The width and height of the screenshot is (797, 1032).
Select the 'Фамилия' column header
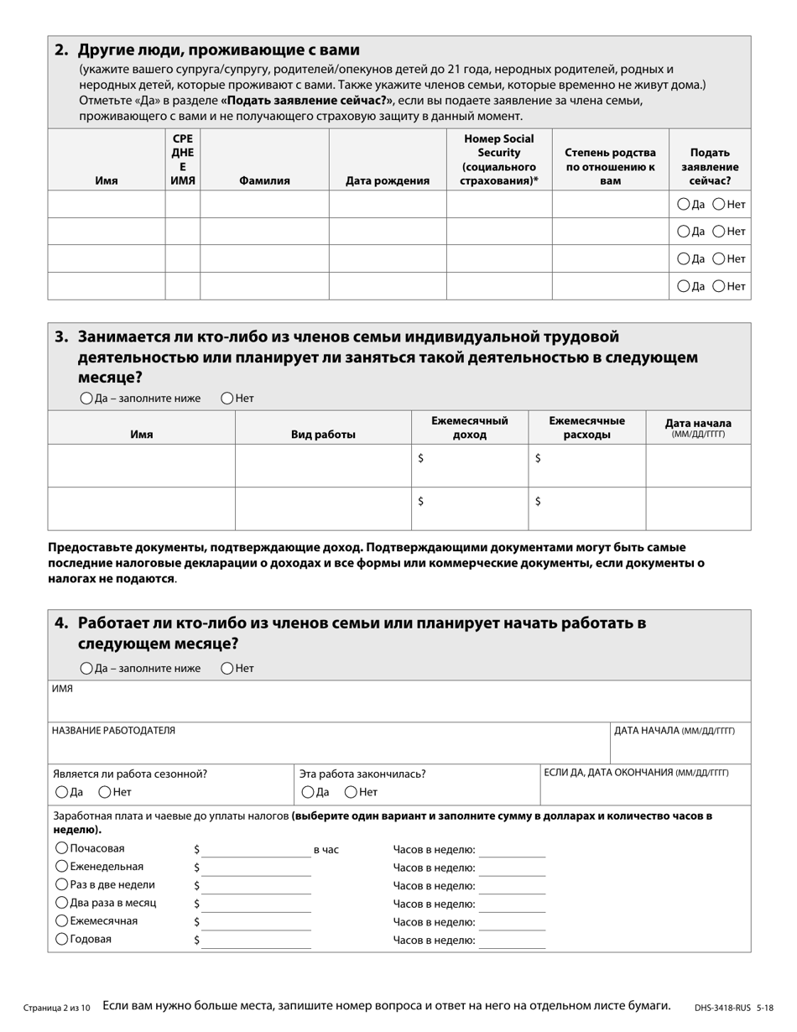pos(264,180)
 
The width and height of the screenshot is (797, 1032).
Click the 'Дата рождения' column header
pos(388,180)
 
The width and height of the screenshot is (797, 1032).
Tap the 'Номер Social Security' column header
pos(499,159)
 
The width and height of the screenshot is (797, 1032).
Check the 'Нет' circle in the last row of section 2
pos(719,286)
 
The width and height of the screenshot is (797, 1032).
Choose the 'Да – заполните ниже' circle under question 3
pos(86,398)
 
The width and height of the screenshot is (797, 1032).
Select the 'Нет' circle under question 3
pos(227,398)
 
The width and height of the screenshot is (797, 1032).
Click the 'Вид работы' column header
pos(323,435)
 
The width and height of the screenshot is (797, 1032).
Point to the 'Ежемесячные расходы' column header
pos(586,427)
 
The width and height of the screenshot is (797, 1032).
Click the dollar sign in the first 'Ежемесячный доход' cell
pos(420,458)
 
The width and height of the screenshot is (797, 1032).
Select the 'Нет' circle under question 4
pos(227,668)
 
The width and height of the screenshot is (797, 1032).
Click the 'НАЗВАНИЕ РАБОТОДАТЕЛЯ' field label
pos(114,731)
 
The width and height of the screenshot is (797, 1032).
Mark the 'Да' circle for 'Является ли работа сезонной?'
pos(61,791)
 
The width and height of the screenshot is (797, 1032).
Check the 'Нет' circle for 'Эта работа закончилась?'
pos(352,791)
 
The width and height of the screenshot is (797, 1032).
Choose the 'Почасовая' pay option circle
pos(61,848)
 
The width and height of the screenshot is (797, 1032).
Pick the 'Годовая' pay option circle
pos(61,939)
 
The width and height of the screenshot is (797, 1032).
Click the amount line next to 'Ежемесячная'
pos(256,921)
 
